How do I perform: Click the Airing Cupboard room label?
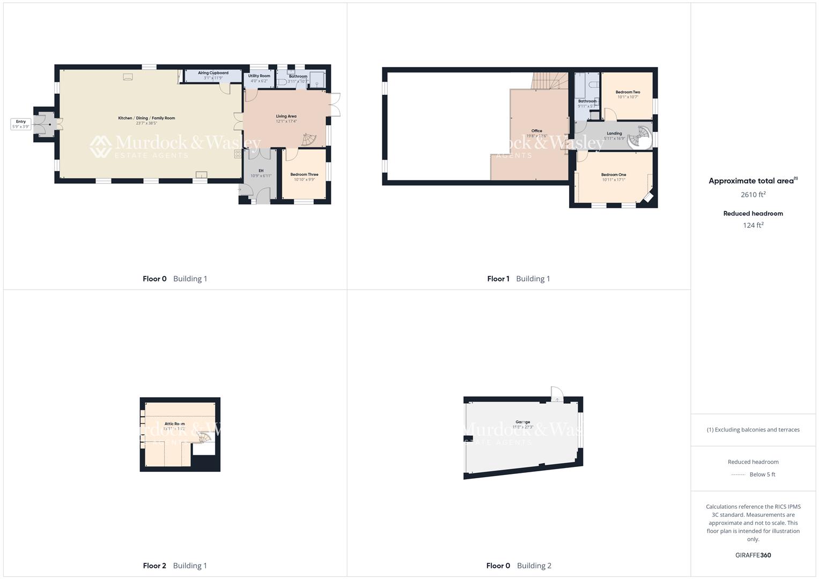(213, 73)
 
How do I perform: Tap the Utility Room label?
(259, 76)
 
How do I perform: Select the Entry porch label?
(21, 122)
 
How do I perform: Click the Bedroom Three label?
(304, 174)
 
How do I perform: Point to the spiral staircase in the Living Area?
(309, 140)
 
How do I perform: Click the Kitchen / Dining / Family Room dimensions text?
(146, 123)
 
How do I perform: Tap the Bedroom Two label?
(628, 92)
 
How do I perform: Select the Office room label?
(537, 131)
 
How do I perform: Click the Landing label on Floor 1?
(614, 133)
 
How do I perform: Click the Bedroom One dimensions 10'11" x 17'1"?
(614, 180)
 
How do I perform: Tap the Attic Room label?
(175, 424)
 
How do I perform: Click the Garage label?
(523, 422)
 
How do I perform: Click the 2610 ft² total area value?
(753, 195)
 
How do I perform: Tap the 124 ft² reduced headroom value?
(753, 225)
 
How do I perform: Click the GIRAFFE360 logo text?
(753, 555)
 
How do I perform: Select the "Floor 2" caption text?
(154, 566)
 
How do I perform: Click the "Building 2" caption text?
(534, 566)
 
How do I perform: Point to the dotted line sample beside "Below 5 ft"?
(739, 474)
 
